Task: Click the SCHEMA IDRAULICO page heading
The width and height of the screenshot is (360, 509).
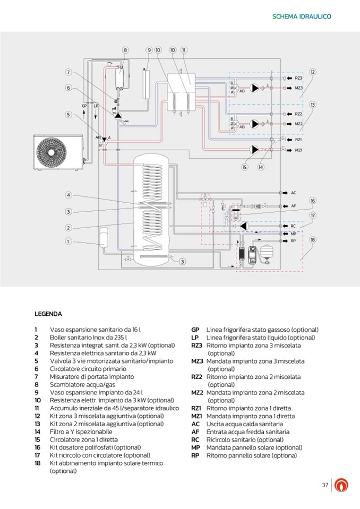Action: [302, 16]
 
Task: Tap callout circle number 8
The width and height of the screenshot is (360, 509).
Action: [125, 50]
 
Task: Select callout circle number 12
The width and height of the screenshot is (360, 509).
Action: [313, 72]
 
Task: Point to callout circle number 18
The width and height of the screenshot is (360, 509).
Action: [313, 239]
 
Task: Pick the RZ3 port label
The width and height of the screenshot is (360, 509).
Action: [298, 78]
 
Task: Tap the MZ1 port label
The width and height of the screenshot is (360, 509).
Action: [298, 150]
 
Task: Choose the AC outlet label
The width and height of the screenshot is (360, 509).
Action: [294, 193]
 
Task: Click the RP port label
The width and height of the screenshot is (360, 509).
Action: [293, 241]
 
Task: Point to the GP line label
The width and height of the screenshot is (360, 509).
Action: [84, 106]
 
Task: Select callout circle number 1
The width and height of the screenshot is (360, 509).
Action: [68, 241]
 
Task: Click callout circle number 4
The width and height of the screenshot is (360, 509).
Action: [68, 195]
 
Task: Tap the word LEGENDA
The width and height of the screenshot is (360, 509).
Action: [48, 314]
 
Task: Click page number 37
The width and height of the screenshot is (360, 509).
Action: [325, 485]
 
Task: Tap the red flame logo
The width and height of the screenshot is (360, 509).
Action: [342, 486]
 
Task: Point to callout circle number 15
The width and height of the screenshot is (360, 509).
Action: [244, 167]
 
